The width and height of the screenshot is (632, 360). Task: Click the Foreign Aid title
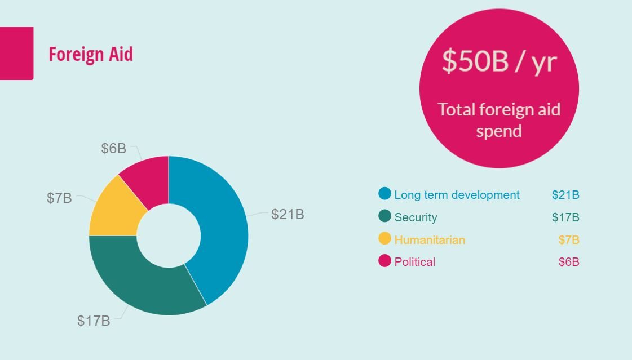click(91, 54)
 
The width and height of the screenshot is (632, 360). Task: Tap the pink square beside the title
click(16, 54)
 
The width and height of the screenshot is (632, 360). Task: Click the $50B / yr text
click(499, 61)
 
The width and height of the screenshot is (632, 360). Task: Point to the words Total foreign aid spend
click(499, 120)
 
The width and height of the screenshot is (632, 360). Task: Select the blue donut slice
click(220, 225)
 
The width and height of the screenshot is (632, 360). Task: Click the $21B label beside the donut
click(288, 214)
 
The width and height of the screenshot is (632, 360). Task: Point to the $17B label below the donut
click(94, 321)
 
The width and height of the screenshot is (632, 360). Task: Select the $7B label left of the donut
click(59, 198)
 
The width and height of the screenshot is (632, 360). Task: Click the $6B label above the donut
click(114, 149)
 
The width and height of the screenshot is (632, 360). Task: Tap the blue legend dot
click(385, 194)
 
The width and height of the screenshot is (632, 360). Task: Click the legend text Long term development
click(457, 195)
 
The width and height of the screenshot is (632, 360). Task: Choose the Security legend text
click(416, 217)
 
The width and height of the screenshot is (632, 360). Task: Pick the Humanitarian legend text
click(430, 240)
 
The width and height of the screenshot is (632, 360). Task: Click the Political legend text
click(415, 262)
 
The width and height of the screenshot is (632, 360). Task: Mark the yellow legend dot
click(385, 238)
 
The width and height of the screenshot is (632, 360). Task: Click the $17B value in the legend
click(565, 217)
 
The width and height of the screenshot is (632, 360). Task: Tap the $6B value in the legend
click(569, 262)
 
